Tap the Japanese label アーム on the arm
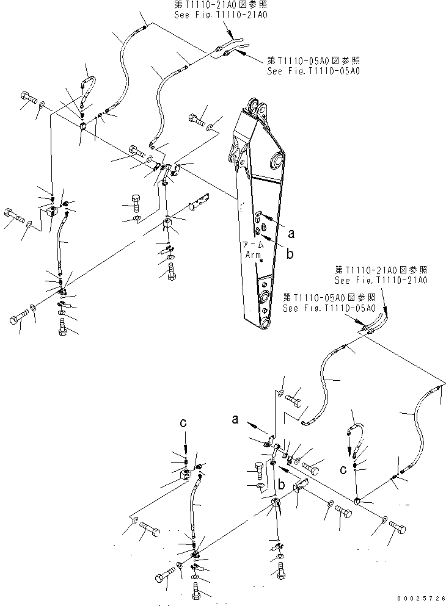coord(254,245)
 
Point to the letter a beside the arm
coord(292,233)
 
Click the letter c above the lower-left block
coord(183,422)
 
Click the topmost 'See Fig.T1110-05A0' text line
coord(313,70)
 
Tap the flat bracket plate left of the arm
coord(199,201)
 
